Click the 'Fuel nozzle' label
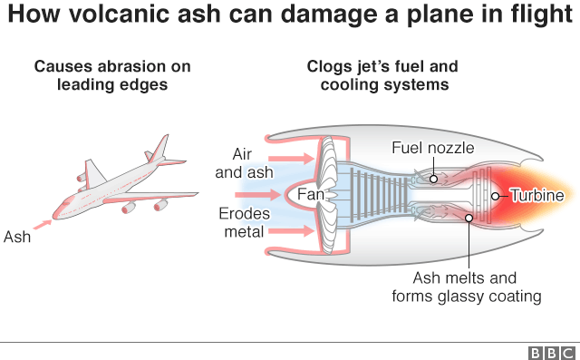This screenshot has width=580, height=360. pos(432,148)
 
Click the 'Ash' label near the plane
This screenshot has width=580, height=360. pos(17,238)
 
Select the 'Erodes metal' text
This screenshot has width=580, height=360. pos(242,223)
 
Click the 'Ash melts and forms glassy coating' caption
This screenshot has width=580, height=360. pos(466,287)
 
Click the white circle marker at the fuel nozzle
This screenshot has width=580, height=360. pos(433,178)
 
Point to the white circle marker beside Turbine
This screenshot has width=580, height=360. pos(495,195)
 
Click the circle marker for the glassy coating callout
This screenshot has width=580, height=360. pos(468,217)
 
